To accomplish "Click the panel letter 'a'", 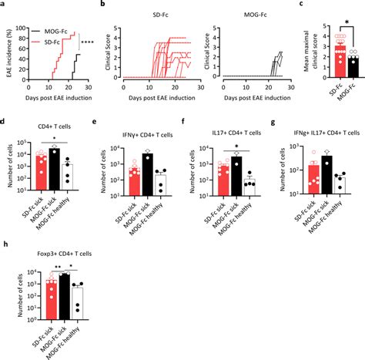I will click(x=3, y=4).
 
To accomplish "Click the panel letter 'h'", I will click(x=4, y=247).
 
